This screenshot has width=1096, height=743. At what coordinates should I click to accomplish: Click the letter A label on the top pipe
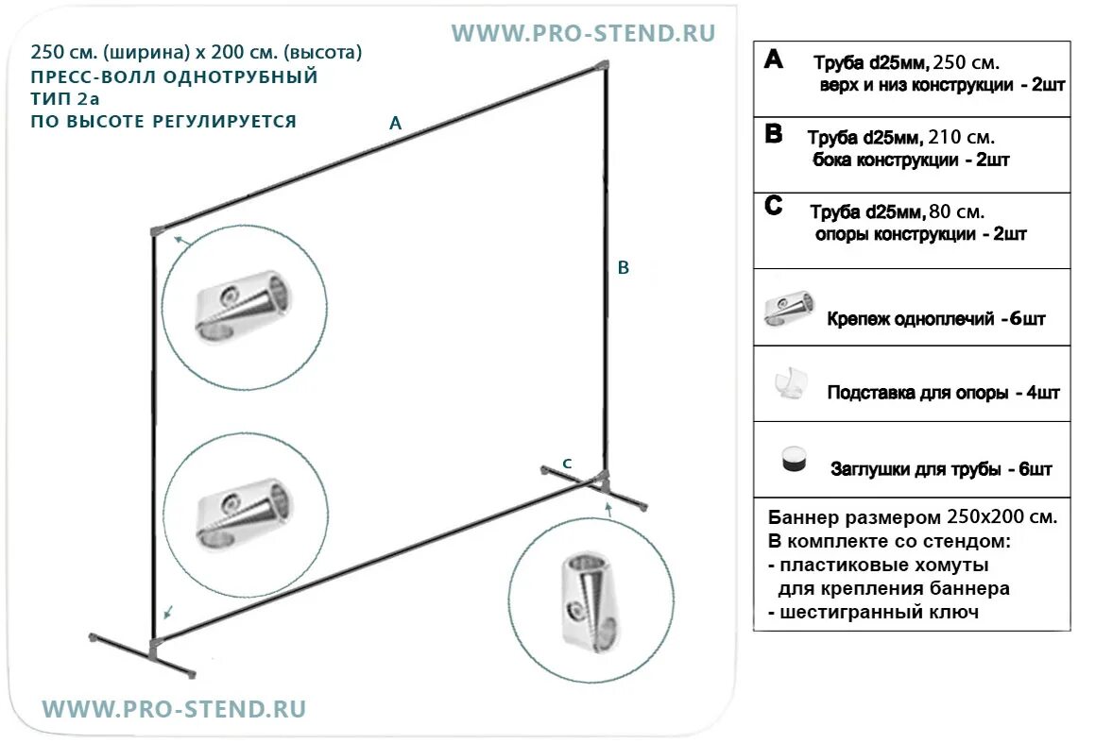(395, 122)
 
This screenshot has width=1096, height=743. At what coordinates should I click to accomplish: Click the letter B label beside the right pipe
(623, 268)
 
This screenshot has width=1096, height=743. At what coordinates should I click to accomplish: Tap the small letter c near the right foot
(567, 463)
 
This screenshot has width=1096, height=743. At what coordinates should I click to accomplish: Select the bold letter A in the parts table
(773, 60)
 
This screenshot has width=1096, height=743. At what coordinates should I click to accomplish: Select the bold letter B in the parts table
(773, 134)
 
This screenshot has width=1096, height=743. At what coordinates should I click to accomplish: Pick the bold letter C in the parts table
(774, 207)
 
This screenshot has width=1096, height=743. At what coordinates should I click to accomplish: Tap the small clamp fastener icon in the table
(789, 309)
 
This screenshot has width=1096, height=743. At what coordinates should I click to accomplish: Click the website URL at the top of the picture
(583, 34)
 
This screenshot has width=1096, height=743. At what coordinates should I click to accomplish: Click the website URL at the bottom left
(175, 709)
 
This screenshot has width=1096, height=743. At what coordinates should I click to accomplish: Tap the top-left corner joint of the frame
(157, 229)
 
